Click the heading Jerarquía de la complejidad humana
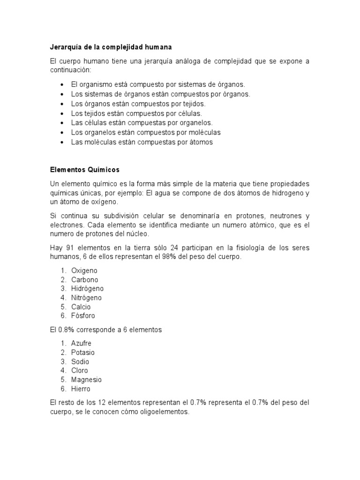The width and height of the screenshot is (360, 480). coord(111,47)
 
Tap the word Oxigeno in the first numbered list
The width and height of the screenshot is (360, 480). coord(84,270)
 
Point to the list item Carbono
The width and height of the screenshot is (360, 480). coord(85,279)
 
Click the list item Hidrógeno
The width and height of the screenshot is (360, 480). coord(88,289)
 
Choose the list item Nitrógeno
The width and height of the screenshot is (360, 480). coord(87,298)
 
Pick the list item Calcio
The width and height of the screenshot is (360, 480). coord(81,307)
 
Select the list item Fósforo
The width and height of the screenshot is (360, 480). coord(83,316)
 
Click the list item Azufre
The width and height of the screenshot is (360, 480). coord(82,344)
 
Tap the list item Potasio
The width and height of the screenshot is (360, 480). coord(83,352)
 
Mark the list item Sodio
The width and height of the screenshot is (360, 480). coord(80,362)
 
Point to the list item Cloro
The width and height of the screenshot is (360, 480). coord(80,371)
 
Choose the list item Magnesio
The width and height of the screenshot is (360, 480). coord(86,380)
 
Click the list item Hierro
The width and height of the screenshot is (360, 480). coord(81,389)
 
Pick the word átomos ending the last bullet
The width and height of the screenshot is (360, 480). coord(200,142)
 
